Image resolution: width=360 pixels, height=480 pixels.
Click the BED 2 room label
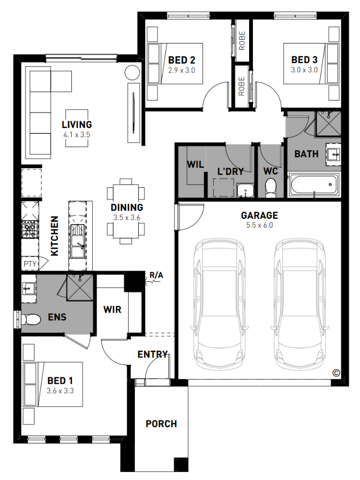pyautogui.click(x=182, y=60)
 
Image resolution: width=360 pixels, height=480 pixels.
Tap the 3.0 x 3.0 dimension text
pyautogui.click(x=304, y=70)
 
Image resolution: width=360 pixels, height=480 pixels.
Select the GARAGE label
pyautogui.click(x=260, y=215)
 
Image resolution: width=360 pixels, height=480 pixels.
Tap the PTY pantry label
pyautogui.click(x=30, y=263)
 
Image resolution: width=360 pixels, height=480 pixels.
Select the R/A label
pyautogui.click(x=156, y=275)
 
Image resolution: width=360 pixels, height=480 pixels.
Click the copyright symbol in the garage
pyautogui.click(x=336, y=372)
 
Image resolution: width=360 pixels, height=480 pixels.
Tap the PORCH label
pyautogui.click(x=161, y=424)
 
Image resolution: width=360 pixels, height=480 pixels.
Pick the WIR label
pyautogui.click(x=112, y=309)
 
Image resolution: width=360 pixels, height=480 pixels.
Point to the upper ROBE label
pyautogui.click(x=242, y=41)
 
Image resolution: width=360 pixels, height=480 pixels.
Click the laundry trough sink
pyautogui.click(x=245, y=190)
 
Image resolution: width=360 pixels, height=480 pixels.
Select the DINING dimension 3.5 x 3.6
pyautogui.click(x=127, y=218)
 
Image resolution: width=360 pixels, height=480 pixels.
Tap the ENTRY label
pyautogui.click(x=153, y=354)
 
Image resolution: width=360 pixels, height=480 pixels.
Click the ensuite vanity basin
pyautogui.click(x=28, y=288)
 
